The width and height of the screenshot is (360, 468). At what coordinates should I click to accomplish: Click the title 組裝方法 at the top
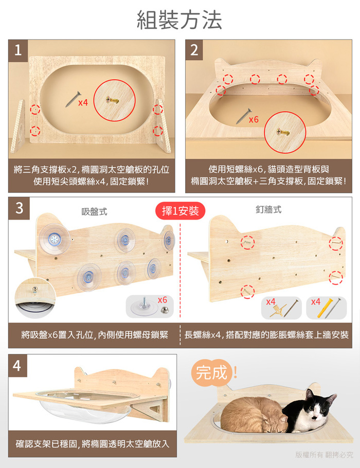pos(179,20)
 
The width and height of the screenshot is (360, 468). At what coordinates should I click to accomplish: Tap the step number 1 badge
pos(18,50)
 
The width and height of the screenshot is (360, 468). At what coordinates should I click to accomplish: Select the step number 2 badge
pos(194,50)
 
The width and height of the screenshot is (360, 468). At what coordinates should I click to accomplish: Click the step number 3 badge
pos(19,208)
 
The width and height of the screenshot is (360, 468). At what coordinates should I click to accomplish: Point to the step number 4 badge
pos(17,366)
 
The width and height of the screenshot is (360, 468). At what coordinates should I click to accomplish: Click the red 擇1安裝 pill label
pos(181,211)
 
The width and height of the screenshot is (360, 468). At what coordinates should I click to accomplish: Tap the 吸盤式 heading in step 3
pos(94,212)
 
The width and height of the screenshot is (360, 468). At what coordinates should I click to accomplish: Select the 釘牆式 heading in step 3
pos(268,209)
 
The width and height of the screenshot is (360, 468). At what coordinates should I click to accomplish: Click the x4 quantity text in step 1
pos(83,102)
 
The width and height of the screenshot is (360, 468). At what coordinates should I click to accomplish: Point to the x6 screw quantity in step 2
pos(254,119)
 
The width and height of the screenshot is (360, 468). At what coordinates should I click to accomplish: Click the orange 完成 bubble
pos(212,373)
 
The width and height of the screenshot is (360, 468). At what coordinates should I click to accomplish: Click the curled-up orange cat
pos(254,416)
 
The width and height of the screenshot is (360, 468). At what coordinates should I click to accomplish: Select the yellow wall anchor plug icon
pos(323,308)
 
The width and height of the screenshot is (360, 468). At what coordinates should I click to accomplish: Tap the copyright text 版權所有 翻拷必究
pos(324,455)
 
